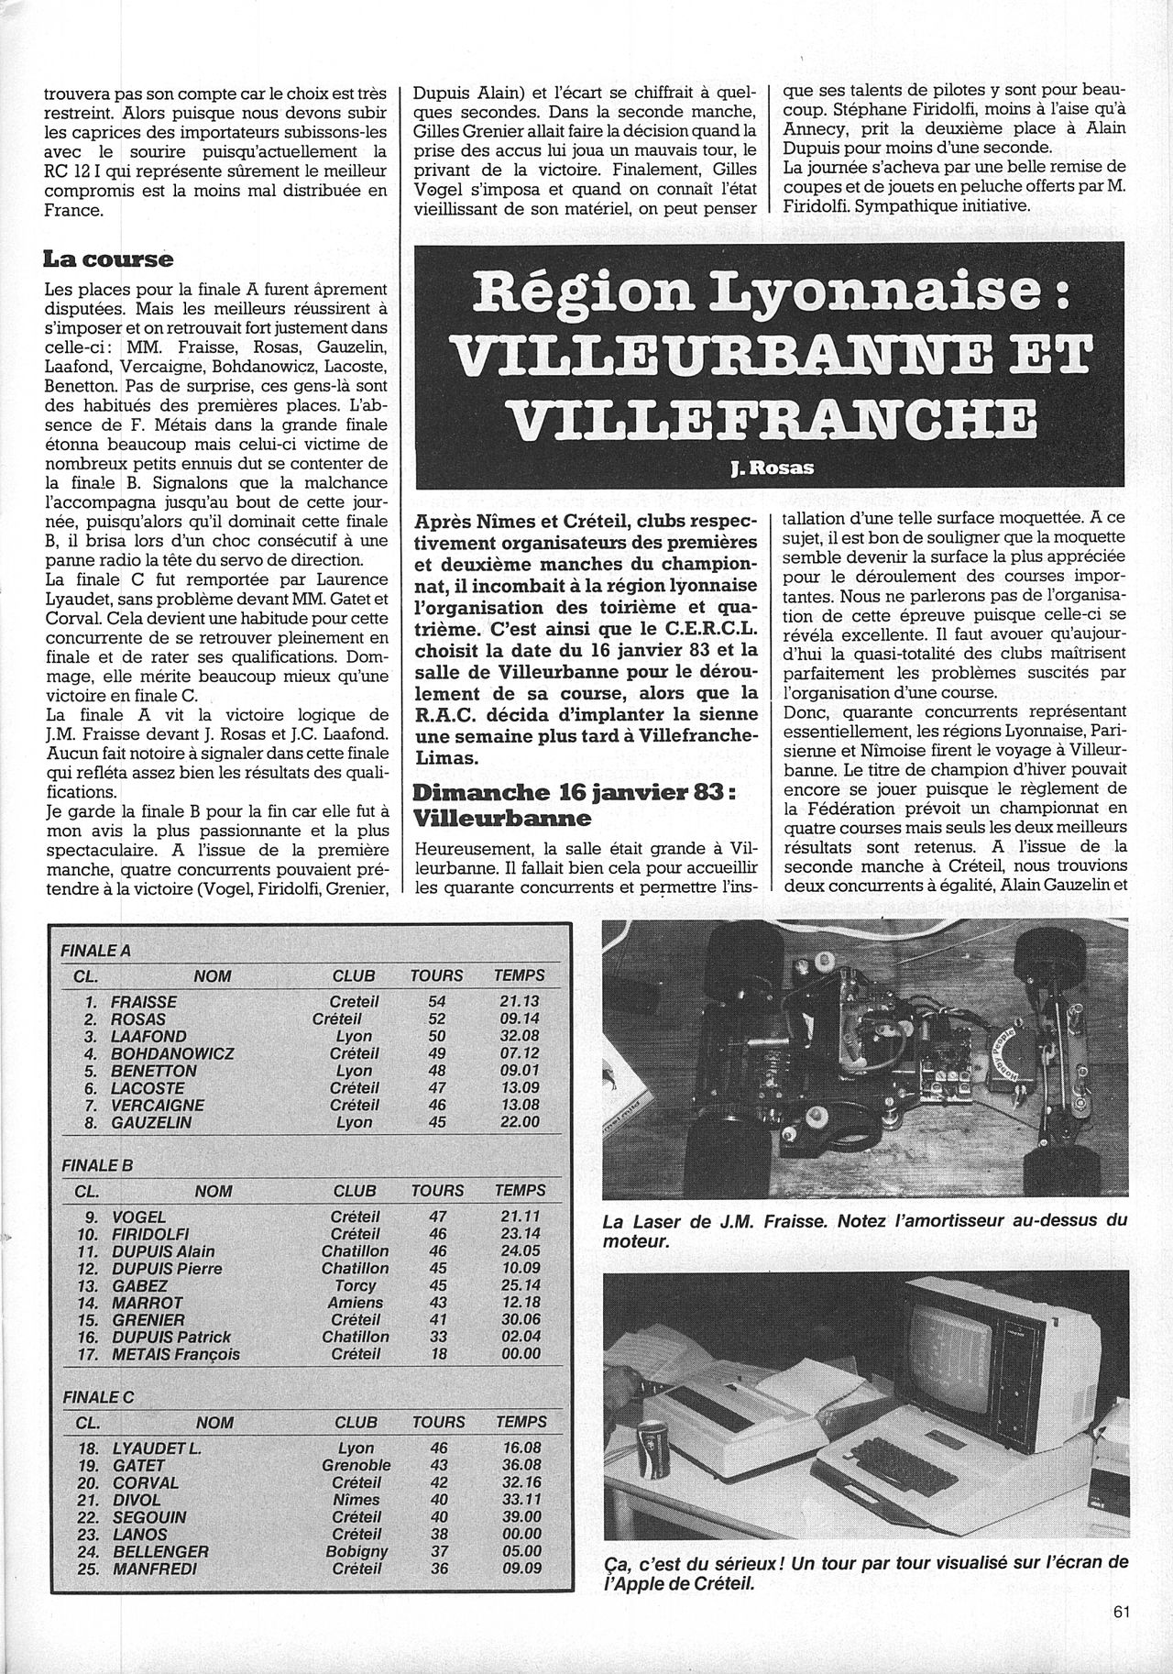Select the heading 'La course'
[108, 259]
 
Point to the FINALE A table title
[95, 951]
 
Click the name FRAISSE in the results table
[143, 1002]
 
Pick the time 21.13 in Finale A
[518, 1002]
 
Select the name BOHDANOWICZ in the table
[170, 1054]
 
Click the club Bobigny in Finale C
[356, 1551]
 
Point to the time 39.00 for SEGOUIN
[520, 1517]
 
